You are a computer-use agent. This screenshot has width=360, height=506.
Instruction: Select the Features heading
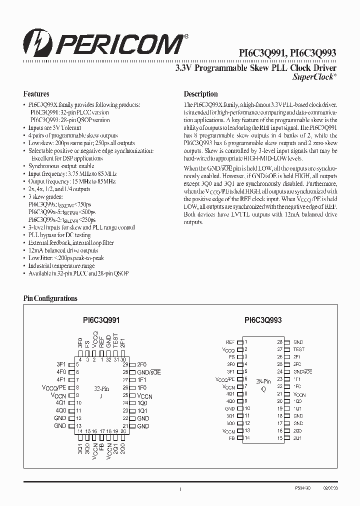point(36,94)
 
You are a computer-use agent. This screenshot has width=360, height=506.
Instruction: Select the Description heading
point(200,94)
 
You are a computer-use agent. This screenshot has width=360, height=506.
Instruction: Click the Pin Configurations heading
point(50,298)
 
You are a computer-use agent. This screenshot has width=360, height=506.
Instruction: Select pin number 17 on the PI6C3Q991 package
point(102,431)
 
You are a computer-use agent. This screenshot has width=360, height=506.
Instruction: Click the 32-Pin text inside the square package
point(101,388)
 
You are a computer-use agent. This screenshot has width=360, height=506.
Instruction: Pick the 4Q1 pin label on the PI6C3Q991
point(61,402)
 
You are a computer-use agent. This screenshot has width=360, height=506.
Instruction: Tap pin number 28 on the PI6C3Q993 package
point(280,342)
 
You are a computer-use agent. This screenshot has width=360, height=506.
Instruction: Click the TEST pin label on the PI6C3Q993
point(298,349)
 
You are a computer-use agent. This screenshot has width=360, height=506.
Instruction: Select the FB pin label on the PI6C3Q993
point(231,438)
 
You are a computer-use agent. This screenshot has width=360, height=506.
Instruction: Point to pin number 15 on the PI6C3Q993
point(280,438)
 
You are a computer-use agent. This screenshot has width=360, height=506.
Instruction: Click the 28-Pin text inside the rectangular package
point(263,381)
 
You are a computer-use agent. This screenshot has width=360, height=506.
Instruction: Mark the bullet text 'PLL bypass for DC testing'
point(59,235)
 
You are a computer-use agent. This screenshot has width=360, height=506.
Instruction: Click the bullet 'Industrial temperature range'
point(61,266)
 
